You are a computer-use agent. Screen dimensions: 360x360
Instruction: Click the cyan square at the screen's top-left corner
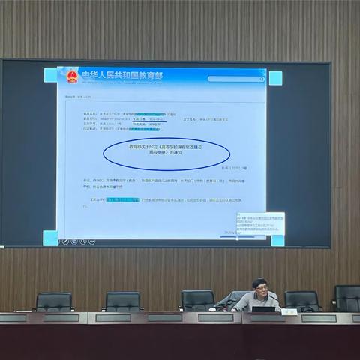coord(50,75)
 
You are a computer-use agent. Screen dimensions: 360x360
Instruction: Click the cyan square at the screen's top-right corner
coord(275,77)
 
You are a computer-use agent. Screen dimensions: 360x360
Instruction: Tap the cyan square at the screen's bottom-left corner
coord(50,238)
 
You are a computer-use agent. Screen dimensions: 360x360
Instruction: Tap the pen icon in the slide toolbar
coord(65,241)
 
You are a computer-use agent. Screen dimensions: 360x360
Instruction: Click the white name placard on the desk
coord(289,310)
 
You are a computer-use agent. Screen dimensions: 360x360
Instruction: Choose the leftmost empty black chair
coord(54,301)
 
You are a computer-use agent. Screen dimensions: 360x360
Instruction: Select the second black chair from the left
coord(124,301)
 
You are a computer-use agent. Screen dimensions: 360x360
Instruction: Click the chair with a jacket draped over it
coord(197,300)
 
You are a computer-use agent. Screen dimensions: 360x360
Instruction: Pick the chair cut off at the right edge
coord(347,298)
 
